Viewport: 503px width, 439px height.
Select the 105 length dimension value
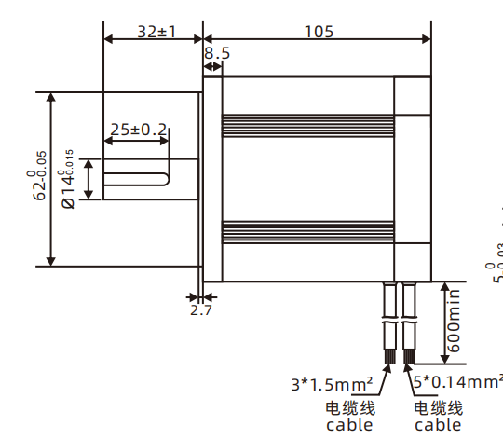[319, 31]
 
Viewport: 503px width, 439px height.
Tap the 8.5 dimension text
[216, 54]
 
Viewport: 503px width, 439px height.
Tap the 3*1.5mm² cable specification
[332, 383]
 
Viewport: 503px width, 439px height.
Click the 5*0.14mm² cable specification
[456, 382]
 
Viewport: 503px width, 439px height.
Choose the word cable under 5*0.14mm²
[438, 425]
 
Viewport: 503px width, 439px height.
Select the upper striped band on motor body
[307, 122]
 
